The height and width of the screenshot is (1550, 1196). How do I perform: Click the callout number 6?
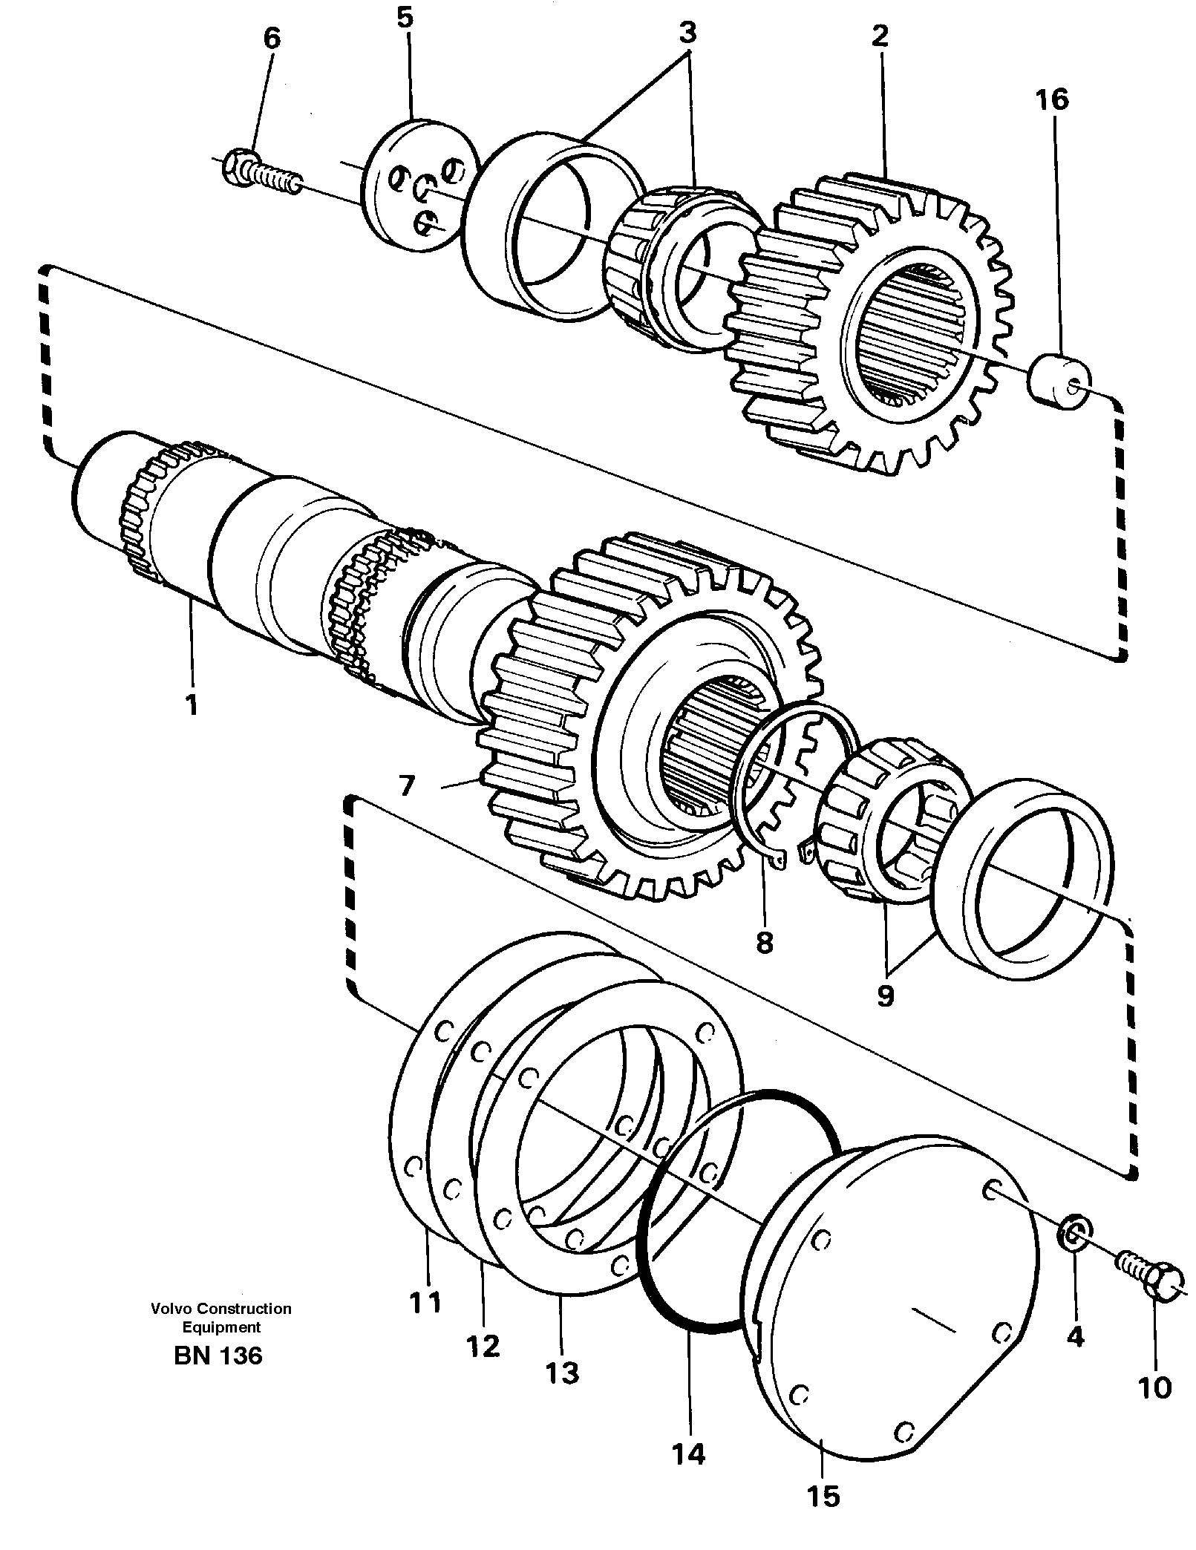point(272,39)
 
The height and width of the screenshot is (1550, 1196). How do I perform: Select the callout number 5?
point(404,17)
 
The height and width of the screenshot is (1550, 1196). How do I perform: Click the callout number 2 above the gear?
point(880,36)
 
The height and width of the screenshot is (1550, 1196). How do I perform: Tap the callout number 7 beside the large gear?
point(406,785)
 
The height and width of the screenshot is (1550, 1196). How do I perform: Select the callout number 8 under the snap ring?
point(764,942)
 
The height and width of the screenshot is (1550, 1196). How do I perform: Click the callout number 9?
point(885,995)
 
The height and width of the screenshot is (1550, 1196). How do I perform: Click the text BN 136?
point(218,1356)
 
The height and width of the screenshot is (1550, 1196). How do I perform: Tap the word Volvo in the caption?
point(171,1309)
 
